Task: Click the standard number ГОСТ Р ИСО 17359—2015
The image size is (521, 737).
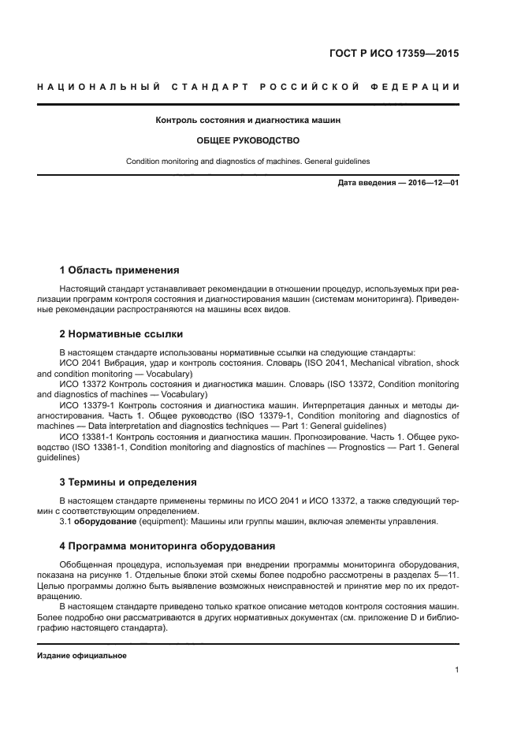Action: click(394, 54)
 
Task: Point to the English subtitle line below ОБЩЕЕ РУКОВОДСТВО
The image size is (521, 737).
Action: click(248, 161)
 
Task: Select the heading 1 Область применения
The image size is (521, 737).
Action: click(119, 270)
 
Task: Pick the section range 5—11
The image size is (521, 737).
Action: click(445, 575)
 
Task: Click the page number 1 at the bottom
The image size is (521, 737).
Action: click(456, 670)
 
